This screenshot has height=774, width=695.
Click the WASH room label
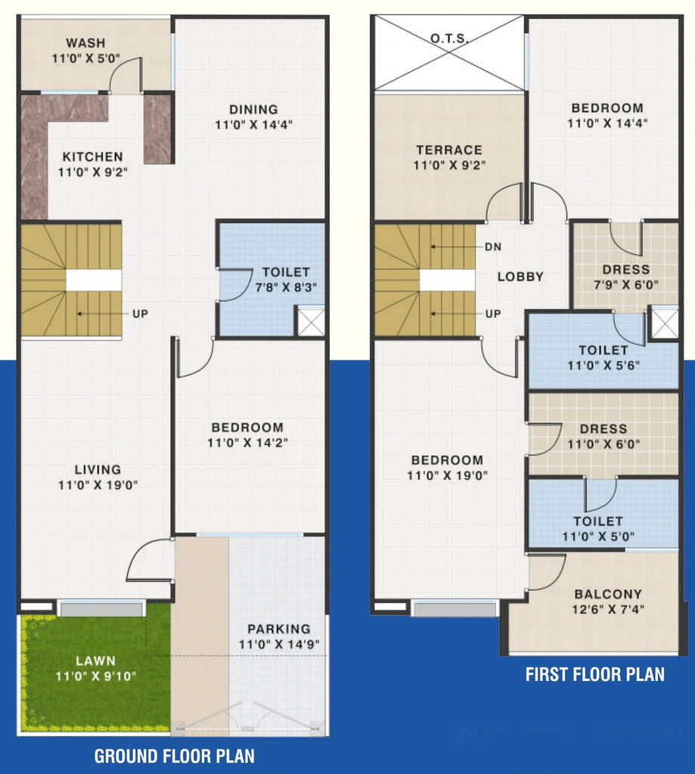coord(85,43)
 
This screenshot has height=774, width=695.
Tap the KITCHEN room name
coord(93,157)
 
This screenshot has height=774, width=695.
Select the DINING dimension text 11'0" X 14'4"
coord(253,125)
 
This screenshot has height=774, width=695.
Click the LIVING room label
coord(98,469)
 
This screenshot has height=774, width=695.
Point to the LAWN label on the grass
coord(96,661)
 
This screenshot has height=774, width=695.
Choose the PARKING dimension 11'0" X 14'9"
coord(279,644)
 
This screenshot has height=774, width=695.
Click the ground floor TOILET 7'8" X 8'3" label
coord(286,280)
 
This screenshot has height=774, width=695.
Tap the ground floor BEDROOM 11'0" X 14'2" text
coord(247,435)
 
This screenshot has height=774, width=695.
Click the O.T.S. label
coord(449,38)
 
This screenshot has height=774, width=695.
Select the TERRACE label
coord(449,150)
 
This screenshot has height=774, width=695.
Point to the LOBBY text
coord(520,277)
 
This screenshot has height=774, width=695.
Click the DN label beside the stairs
coord(493,246)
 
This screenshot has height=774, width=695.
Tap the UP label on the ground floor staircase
coord(140,314)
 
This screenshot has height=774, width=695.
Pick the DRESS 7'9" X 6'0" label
coord(626,277)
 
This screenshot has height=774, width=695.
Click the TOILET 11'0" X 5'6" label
coord(603,358)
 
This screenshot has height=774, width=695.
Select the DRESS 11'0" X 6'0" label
coord(603,436)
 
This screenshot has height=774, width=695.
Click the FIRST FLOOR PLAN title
coord(594,674)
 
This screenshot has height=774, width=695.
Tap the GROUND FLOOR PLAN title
coord(175,756)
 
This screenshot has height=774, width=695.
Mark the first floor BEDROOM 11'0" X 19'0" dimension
coord(447,475)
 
